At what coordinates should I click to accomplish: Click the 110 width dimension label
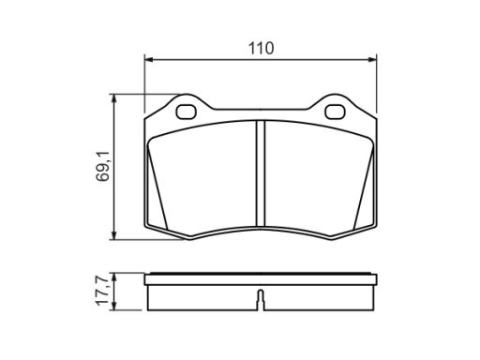coord(261,49)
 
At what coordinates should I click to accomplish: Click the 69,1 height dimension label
coord(103,166)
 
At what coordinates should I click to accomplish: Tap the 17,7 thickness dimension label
coord(102,290)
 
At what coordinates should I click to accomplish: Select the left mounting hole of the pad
coord(186,112)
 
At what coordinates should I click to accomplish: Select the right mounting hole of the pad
coord(335,112)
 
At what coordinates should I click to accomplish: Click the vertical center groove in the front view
coord(261,173)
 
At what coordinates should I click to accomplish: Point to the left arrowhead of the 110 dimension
coord(149,59)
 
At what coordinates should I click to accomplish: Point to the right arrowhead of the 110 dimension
coord(372,59)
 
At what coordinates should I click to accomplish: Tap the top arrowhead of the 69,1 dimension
coord(114,98)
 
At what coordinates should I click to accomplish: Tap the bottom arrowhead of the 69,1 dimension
coord(114,235)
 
